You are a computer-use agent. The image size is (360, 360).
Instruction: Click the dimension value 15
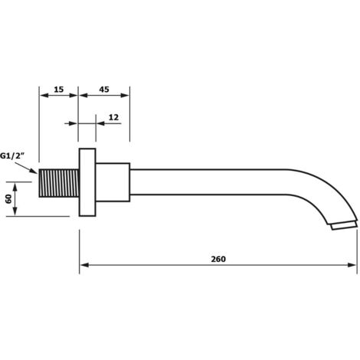point(59,90)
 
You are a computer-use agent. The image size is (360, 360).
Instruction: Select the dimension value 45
point(104,90)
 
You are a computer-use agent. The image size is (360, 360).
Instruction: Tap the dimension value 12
point(113,117)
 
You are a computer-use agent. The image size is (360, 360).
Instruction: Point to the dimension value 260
point(218,259)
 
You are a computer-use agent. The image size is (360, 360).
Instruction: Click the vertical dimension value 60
point(8,199)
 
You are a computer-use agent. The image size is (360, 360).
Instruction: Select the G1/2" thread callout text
point(12,155)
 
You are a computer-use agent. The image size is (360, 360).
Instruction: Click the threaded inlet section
point(59,183)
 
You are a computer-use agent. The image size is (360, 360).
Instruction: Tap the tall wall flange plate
point(87,182)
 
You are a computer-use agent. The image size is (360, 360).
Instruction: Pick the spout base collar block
point(113,182)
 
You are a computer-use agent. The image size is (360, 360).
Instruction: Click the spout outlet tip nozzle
point(344,225)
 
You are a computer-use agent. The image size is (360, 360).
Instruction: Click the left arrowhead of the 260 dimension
point(84,265)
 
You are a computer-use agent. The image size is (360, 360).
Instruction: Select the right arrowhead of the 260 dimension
point(352,265)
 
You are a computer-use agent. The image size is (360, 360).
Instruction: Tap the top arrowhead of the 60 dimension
point(15,187)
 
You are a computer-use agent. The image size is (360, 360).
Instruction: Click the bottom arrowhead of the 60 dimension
point(15,211)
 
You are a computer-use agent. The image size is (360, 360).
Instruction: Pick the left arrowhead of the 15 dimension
point(44,96)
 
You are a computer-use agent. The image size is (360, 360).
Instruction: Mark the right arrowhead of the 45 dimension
point(125,96)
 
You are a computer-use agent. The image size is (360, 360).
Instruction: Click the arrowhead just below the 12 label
point(101,123)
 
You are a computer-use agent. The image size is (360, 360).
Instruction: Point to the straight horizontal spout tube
point(208,182)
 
